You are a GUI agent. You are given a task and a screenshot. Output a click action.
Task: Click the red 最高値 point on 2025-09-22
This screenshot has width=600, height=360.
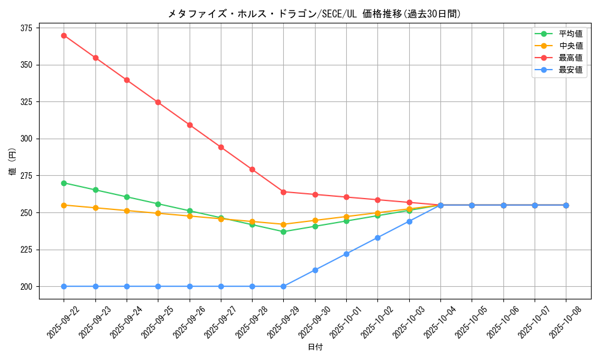[64, 35]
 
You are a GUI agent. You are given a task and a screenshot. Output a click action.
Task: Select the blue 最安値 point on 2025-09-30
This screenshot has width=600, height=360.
[315, 270]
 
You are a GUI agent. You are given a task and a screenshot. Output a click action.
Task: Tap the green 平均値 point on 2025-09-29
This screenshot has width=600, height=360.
[283, 232]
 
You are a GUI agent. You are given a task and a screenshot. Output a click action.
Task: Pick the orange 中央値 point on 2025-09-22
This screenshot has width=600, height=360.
[64, 205]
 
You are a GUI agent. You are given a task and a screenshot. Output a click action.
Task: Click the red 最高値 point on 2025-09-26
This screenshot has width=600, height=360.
[190, 125]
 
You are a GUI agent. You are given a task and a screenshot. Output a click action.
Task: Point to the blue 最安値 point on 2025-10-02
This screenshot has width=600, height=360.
[377, 238]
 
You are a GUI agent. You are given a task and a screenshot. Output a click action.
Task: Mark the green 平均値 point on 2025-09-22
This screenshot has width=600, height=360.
[64, 183]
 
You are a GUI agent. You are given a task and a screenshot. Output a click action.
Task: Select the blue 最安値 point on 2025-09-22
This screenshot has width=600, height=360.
[64, 286]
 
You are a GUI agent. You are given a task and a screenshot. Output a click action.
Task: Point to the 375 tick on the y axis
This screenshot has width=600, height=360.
[27, 28]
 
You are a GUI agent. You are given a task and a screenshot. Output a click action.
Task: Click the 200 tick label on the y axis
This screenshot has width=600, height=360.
[27, 287]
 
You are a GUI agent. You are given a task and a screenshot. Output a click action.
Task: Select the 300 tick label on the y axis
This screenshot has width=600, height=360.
[27, 139]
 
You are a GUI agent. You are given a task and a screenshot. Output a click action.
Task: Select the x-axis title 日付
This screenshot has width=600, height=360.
[315, 347]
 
